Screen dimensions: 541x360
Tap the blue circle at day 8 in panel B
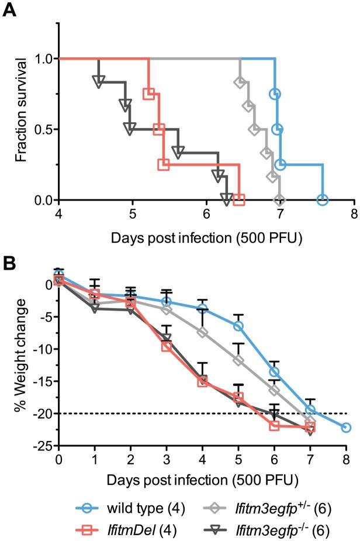[x=345, y=428]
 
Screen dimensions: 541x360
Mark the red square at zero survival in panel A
[x=238, y=200]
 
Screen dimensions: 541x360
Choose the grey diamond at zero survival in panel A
[x=279, y=200]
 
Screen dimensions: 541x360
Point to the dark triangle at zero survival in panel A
[x=226, y=197]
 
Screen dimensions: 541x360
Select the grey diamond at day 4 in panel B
[x=203, y=332]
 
